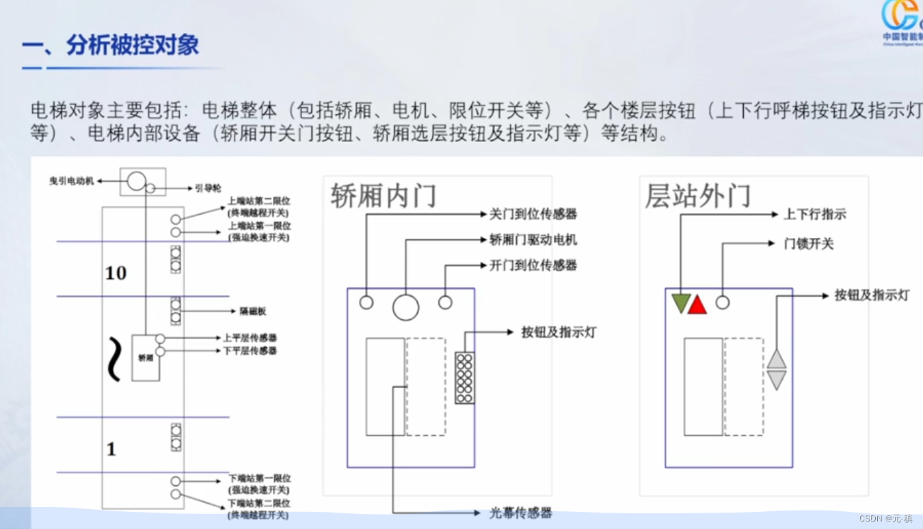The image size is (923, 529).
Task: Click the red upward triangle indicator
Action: pos(697,306)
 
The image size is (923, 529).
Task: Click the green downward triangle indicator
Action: pos(680,303)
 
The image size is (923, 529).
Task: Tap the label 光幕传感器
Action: pos(520,513)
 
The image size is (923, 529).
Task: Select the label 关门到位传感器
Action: pos(533,214)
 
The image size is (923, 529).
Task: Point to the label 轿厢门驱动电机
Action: pos(533,240)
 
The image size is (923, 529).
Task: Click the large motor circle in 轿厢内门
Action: pos(405,308)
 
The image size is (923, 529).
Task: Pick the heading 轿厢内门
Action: pos(383,196)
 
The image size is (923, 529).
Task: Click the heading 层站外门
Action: pos(697,196)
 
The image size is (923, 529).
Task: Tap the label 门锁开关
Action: pos(809,244)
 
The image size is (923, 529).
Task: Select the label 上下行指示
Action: pos(815,214)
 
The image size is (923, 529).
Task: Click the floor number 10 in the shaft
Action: pos(116,273)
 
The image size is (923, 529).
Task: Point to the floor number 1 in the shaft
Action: pos(111,449)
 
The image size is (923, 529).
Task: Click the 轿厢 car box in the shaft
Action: pos(145,357)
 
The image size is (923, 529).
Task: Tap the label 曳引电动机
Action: pos(71,181)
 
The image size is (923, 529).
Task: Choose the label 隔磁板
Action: pos(252,311)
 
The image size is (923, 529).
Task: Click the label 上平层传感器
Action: pos(250,338)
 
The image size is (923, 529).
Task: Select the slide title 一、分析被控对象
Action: pos(111,46)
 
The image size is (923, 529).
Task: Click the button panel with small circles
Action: pos(465,377)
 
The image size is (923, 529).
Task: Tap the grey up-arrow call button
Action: pos(777,359)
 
